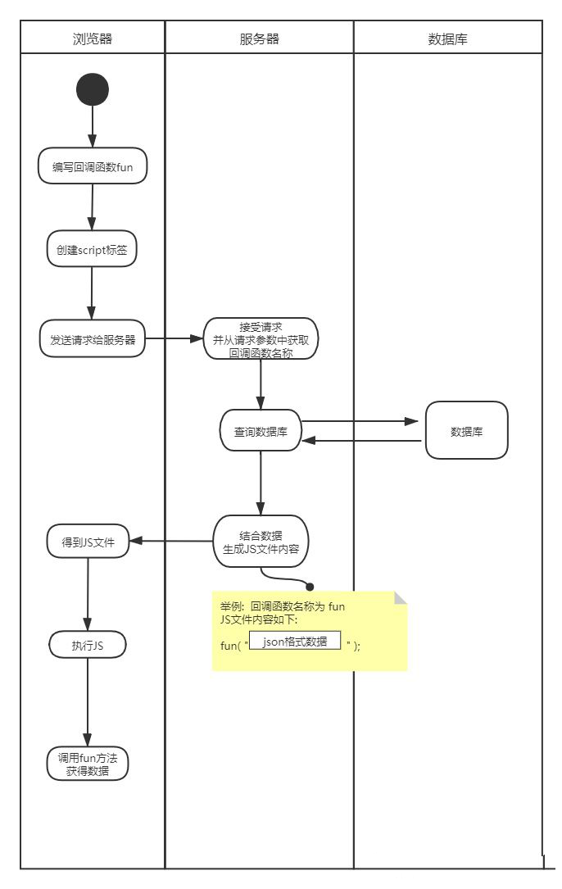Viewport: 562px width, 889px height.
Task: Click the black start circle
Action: [x=93, y=89]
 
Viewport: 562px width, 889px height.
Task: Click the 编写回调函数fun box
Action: [x=93, y=167]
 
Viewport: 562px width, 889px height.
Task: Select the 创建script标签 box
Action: [x=92, y=249]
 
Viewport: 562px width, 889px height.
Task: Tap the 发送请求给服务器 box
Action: [x=93, y=339]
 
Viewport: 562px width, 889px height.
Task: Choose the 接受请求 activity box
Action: [x=261, y=339]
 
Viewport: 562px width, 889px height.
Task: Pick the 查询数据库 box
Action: [x=261, y=431]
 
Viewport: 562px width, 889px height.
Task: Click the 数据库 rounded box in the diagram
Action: [x=466, y=430]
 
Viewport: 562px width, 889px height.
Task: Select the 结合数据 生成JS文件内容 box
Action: [x=261, y=542]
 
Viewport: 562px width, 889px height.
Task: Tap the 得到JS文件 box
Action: [x=88, y=542]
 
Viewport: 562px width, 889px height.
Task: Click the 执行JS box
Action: [x=88, y=646]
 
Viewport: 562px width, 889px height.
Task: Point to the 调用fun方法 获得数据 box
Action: [x=88, y=764]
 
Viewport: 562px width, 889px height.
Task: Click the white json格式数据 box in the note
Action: [x=295, y=642]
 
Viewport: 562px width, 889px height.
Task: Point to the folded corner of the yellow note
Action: [x=400, y=597]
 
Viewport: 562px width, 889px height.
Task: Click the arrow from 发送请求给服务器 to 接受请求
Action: [x=174, y=338]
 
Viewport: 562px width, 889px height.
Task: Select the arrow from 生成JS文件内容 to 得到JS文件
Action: [x=172, y=541]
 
